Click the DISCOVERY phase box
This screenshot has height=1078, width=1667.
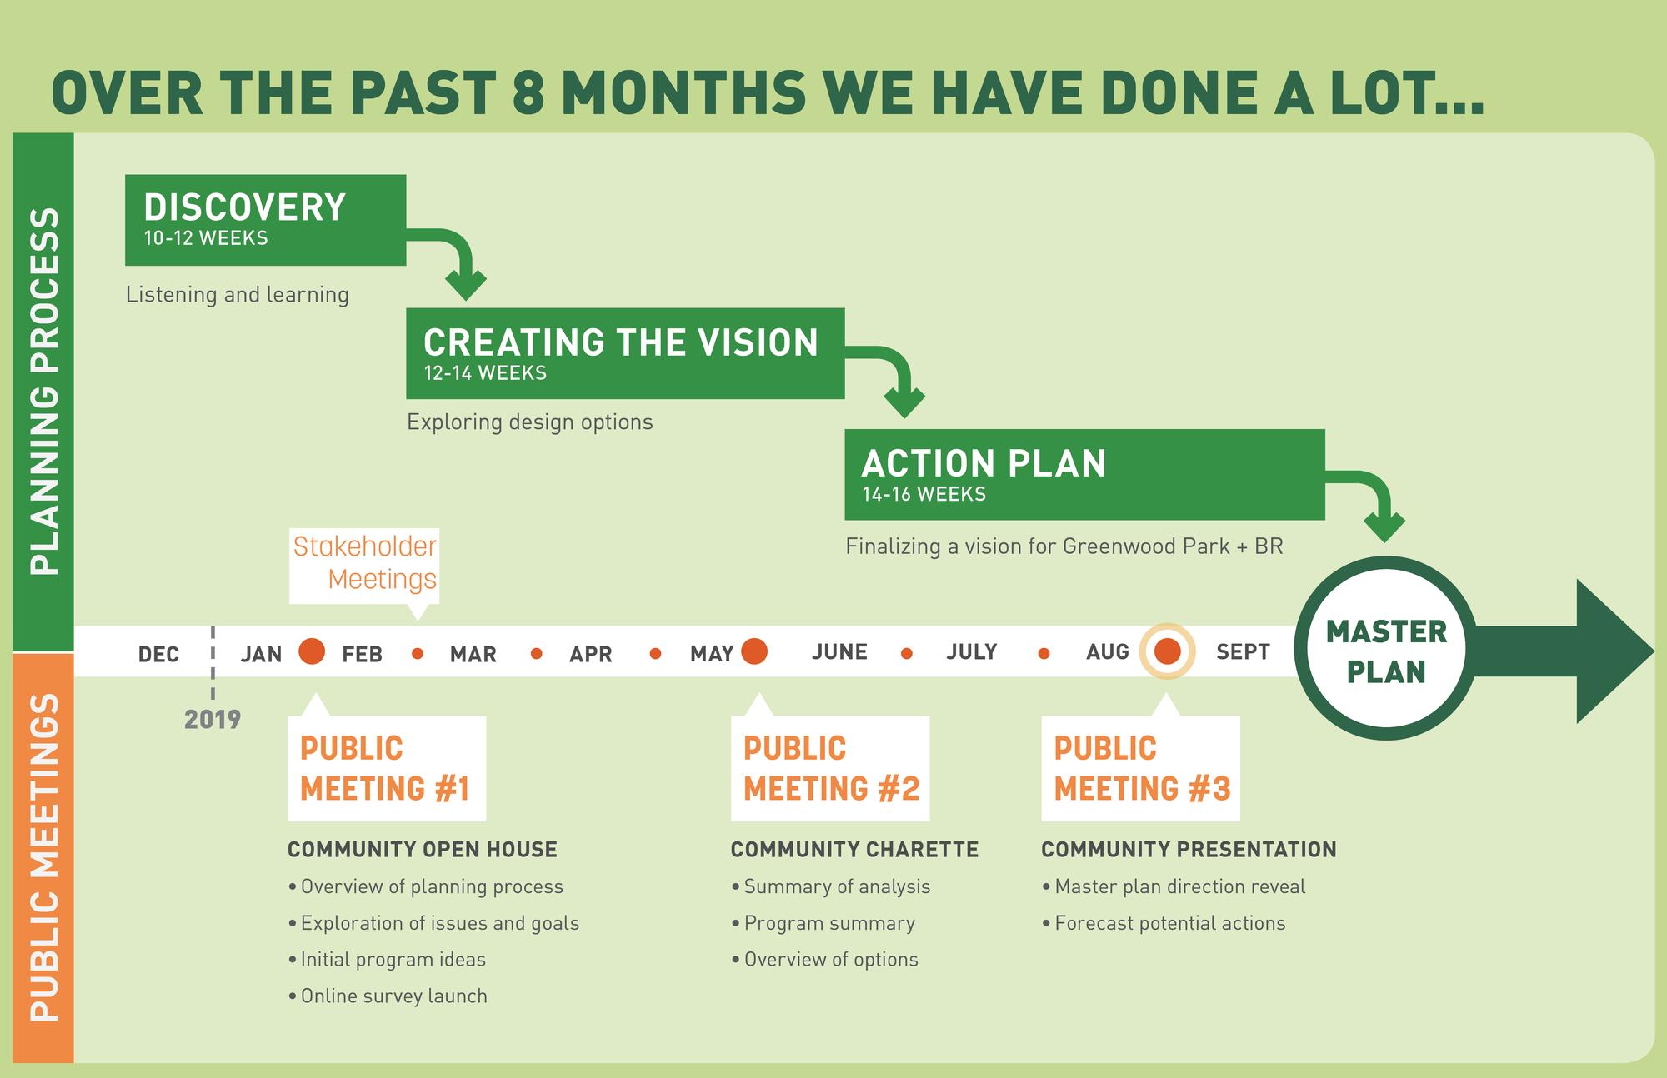coord(265,220)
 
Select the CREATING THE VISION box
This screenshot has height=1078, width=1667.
coord(625,353)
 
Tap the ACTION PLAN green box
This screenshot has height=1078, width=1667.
coord(1084,474)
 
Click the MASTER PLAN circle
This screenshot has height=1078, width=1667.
coord(1386,648)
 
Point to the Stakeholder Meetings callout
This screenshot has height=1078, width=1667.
coord(364,565)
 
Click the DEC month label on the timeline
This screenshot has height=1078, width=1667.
coord(158,654)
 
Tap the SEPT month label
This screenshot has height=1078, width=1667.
coord(1243,651)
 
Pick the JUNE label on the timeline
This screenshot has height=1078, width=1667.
coord(839,651)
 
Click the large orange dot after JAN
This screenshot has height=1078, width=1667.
coord(312,651)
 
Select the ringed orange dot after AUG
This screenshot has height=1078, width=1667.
coord(1168,651)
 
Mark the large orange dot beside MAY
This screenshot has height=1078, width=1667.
coord(754,651)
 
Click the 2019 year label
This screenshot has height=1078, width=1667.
coord(213,720)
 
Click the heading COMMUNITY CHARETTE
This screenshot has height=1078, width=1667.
coord(854,850)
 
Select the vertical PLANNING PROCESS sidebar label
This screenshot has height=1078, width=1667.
coord(44,391)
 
